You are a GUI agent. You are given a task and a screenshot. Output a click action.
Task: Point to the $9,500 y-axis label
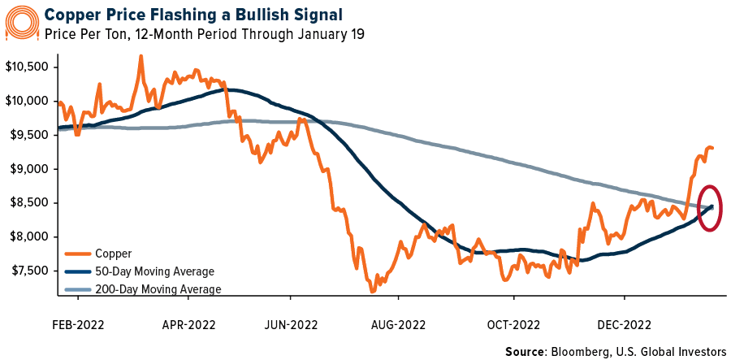click(x=28, y=135)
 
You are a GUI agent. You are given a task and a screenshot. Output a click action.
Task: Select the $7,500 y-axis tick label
click(x=28, y=271)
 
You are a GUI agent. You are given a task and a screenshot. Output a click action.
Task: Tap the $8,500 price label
click(x=28, y=203)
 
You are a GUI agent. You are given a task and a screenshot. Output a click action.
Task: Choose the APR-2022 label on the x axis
click(x=188, y=324)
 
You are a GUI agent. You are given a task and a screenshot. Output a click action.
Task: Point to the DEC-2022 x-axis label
click(x=623, y=324)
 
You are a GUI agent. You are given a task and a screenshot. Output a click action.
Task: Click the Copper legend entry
click(x=114, y=254)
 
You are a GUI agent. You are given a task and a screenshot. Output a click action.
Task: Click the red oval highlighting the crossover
click(x=712, y=208)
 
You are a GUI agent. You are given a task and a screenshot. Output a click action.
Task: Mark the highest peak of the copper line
click(x=141, y=56)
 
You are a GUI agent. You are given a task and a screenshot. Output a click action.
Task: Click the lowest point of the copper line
click(x=372, y=291)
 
